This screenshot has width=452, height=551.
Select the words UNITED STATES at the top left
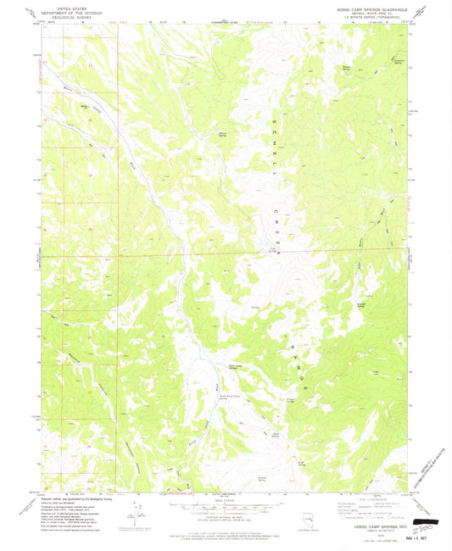click(x=70, y=6)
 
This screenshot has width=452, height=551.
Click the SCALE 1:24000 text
click(x=225, y=497)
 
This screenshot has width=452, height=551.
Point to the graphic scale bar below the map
click(x=225, y=506)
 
